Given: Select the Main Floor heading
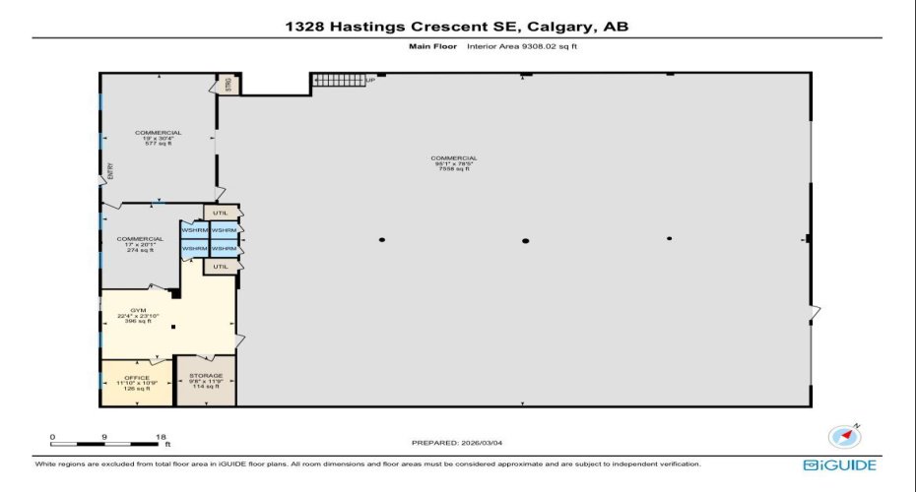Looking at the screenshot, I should (x=430, y=46).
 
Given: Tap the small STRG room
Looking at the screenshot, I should (x=225, y=85).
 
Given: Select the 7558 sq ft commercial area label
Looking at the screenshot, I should (x=453, y=163).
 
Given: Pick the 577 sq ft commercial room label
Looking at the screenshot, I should (x=158, y=138).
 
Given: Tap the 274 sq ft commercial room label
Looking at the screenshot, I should (x=140, y=244).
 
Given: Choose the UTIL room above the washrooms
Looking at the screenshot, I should (x=221, y=212).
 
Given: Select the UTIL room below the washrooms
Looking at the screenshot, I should (x=221, y=267).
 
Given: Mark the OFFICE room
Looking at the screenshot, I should (x=137, y=383).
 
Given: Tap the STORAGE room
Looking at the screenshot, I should (x=206, y=381).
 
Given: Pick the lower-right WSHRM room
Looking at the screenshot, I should (x=224, y=249).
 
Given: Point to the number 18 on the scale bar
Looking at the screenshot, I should (x=161, y=437).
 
